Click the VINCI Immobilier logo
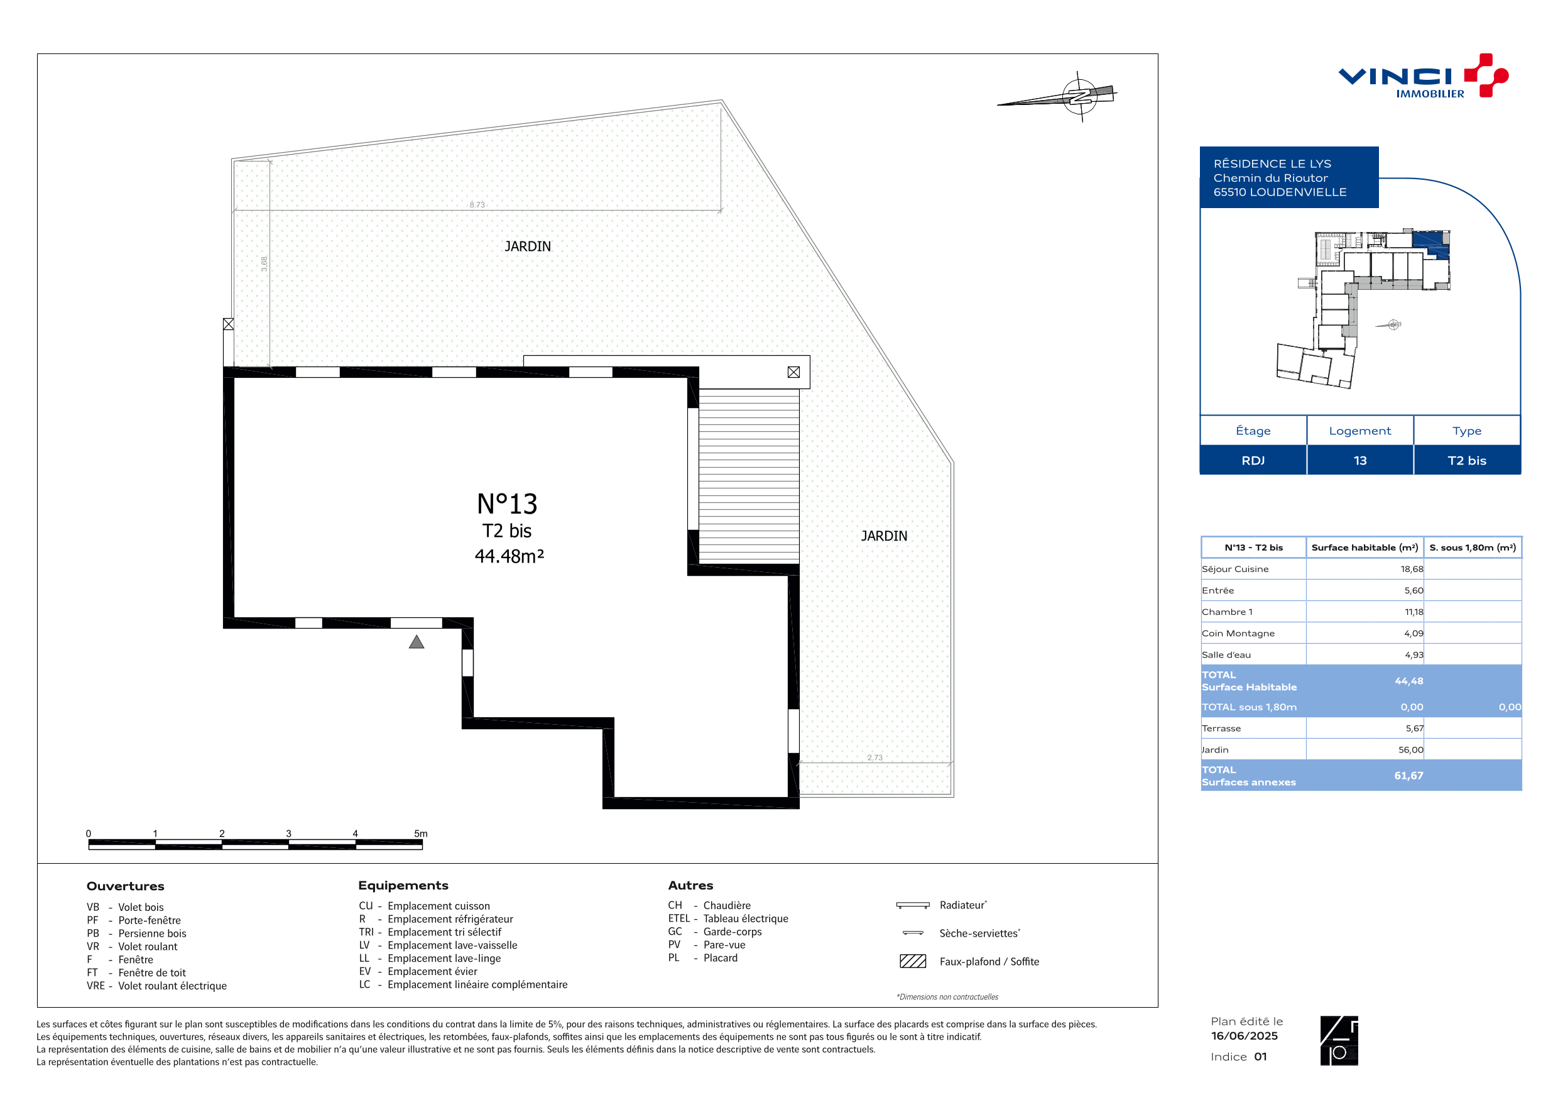click(x=1423, y=76)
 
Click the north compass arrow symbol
click(x=1057, y=96)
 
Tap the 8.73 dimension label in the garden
click(x=477, y=204)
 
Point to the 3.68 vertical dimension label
click(x=264, y=263)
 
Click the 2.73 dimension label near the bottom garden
click(x=874, y=757)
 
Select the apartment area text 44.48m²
click(x=509, y=556)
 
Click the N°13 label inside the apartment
click(x=507, y=504)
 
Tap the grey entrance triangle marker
click(x=417, y=642)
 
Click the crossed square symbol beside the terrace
click(x=794, y=372)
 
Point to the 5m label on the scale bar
click(x=421, y=833)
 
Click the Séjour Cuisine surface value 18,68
click(x=1412, y=569)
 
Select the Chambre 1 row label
click(x=1227, y=612)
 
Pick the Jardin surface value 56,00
click(x=1411, y=749)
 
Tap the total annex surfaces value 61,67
click(x=1408, y=775)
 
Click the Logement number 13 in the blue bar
click(x=1360, y=460)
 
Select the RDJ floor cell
click(x=1253, y=460)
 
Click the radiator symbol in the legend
click(x=913, y=905)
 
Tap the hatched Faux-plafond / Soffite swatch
click(x=913, y=961)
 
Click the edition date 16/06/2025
click(x=1245, y=1035)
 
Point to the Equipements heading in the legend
click(x=403, y=885)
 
